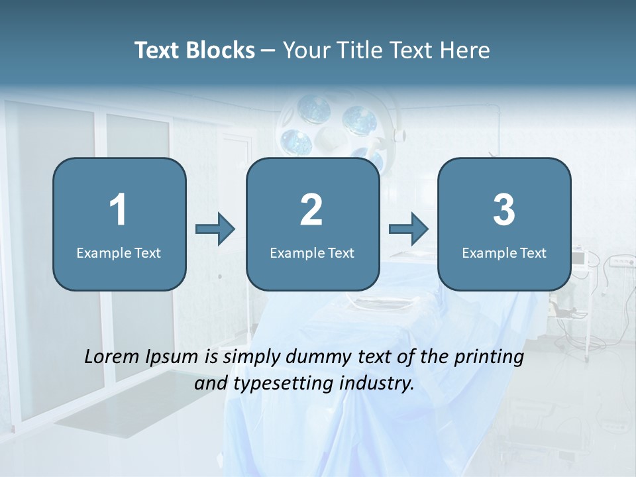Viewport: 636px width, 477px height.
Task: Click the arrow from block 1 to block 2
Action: (x=216, y=229)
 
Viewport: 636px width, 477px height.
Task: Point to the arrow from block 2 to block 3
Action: (x=409, y=229)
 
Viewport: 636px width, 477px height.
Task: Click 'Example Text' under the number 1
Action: (x=119, y=252)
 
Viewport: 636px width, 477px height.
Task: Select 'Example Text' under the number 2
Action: (x=312, y=252)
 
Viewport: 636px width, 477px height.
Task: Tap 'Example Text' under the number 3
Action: (x=504, y=252)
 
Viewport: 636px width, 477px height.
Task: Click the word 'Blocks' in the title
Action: (x=222, y=50)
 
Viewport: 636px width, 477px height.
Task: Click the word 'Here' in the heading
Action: (x=466, y=50)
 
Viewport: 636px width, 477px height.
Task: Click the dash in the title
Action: (x=268, y=51)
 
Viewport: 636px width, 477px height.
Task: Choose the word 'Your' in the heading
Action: (x=303, y=50)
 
